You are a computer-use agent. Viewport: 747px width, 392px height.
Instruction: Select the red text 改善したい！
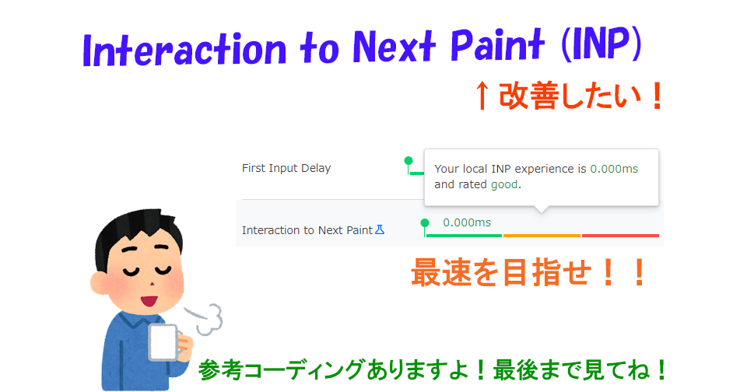[580, 96]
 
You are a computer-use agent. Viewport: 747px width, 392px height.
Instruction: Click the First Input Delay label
[286, 168]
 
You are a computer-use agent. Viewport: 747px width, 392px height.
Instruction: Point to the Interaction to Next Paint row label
[307, 230]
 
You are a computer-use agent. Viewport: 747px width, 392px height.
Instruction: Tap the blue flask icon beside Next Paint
[381, 229]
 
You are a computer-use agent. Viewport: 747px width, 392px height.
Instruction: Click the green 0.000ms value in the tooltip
[614, 169]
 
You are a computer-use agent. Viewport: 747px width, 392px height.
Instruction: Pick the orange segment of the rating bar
[542, 235]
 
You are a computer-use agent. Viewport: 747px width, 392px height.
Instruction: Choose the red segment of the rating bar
[620, 235]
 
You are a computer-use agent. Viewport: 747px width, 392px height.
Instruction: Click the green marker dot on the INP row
[425, 222]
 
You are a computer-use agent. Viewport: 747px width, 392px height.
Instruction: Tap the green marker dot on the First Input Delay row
[409, 161]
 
